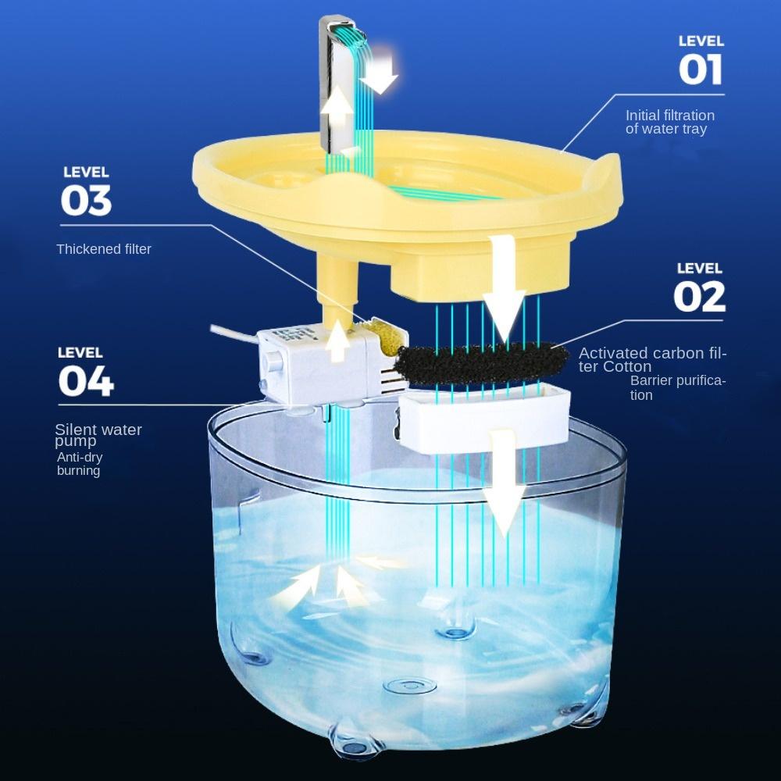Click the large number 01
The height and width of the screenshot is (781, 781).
[701, 70]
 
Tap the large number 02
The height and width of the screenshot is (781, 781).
[699, 296]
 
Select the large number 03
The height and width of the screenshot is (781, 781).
[86, 200]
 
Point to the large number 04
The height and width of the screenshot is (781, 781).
[86, 381]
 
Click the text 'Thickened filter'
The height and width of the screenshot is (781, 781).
[104, 249]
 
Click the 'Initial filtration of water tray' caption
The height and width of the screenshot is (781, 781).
[670, 122]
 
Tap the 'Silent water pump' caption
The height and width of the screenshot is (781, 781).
[98, 435]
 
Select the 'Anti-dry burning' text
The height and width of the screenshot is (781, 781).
[80, 464]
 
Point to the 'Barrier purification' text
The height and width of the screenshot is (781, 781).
[677, 387]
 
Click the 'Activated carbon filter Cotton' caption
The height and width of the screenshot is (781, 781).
[652, 359]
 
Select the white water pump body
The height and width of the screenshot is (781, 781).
[319, 364]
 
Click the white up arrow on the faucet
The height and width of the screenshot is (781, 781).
[337, 107]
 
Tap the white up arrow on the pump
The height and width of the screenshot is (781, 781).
[338, 341]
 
